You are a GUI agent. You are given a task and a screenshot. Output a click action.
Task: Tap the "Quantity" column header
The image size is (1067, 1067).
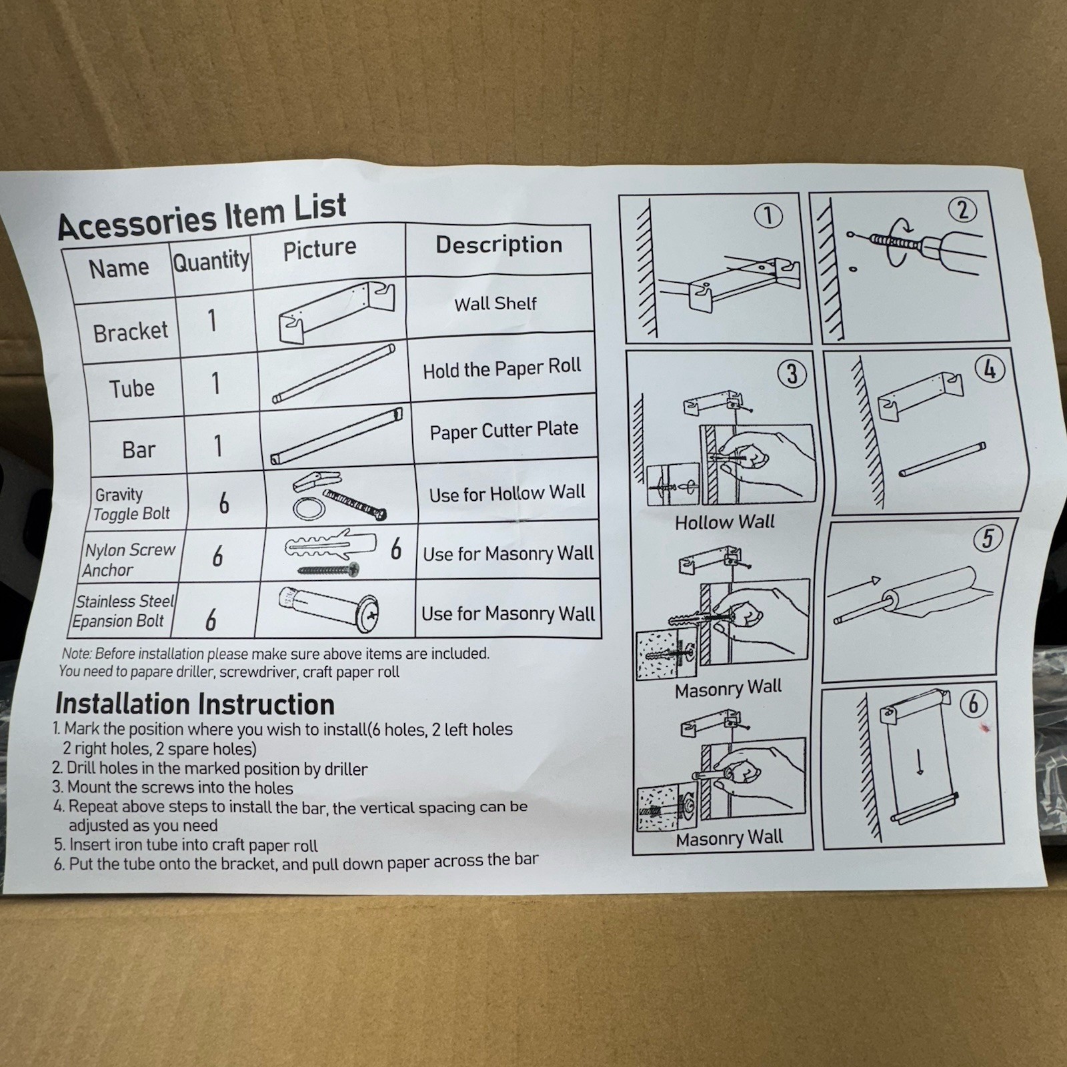click(211, 261)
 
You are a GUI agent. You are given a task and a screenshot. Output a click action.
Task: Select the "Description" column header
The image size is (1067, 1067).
click(499, 245)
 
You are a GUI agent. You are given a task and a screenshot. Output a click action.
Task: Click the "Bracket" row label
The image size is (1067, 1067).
click(131, 331)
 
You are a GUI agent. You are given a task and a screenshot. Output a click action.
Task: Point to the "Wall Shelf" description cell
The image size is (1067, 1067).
click(495, 304)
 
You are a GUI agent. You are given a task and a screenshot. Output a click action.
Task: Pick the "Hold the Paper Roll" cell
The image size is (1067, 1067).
click(502, 368)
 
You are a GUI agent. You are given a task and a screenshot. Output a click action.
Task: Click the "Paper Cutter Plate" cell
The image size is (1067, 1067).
click(504, 430)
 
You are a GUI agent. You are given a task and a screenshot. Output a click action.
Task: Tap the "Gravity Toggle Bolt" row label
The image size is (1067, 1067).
click(132, 504)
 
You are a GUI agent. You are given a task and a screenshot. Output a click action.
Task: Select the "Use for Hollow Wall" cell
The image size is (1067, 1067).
click(507, 493)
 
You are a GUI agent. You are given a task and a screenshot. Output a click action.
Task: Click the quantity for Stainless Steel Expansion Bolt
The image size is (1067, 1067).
click(211, 620)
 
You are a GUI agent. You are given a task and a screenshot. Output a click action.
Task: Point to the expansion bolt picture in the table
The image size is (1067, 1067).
click(329, 609)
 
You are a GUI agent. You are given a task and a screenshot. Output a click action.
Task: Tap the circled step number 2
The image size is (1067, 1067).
click(962, 210)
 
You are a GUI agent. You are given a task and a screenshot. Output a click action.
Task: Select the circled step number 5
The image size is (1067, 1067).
click(988, 538)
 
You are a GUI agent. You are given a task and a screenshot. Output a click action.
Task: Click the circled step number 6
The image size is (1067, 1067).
click(974, 704)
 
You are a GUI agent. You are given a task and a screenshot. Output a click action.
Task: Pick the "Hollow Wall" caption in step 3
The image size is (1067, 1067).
click(725, 521)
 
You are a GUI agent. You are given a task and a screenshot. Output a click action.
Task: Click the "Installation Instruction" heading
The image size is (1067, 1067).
click(195, 704)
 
